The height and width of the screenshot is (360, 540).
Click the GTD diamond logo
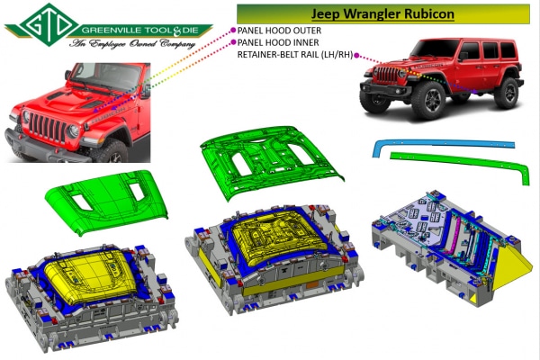[x=49, y=25]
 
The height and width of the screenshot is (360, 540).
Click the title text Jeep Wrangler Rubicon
[x=382, y=13]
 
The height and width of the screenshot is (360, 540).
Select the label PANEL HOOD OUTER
[x=279, y=31]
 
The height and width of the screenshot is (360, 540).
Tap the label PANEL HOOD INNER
[x=278, y=42]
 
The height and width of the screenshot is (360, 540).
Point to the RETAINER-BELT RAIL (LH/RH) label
[x=295, y=55]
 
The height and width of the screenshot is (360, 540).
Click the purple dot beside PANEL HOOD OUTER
[x=233, y=31]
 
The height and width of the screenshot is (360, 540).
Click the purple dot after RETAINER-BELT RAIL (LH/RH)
[x=356, y=55]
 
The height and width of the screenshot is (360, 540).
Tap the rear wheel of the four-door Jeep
[x=506, y=93]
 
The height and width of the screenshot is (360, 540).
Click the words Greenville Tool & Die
[x=140, y=31]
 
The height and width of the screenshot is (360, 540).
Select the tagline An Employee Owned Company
[x=132, y=44]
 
